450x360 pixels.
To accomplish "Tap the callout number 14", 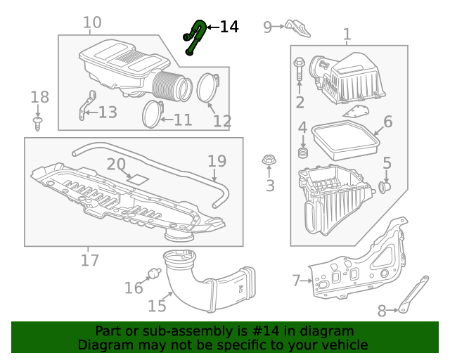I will click(x=229, y=27).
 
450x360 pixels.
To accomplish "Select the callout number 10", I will click(x=92, y=22).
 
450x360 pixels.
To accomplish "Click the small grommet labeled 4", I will click(x=304, y=153).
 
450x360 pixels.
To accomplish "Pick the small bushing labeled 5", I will click(x=384, y=187).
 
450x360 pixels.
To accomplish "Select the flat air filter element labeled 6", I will click(x=345, y=140).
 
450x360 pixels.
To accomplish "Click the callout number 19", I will click(x=217, y=161).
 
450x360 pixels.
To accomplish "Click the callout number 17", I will click(x=90, y=261).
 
